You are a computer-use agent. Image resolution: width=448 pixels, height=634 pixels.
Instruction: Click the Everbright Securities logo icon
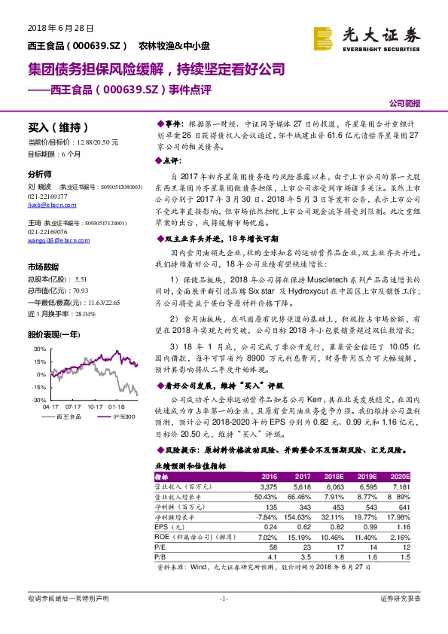click(324, 36)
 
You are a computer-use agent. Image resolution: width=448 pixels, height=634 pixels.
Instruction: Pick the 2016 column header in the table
click(269, 477)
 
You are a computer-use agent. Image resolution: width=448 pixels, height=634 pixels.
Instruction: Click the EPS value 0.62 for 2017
click(301, 528)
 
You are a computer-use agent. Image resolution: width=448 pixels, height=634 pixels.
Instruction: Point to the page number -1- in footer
click(223, 599)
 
